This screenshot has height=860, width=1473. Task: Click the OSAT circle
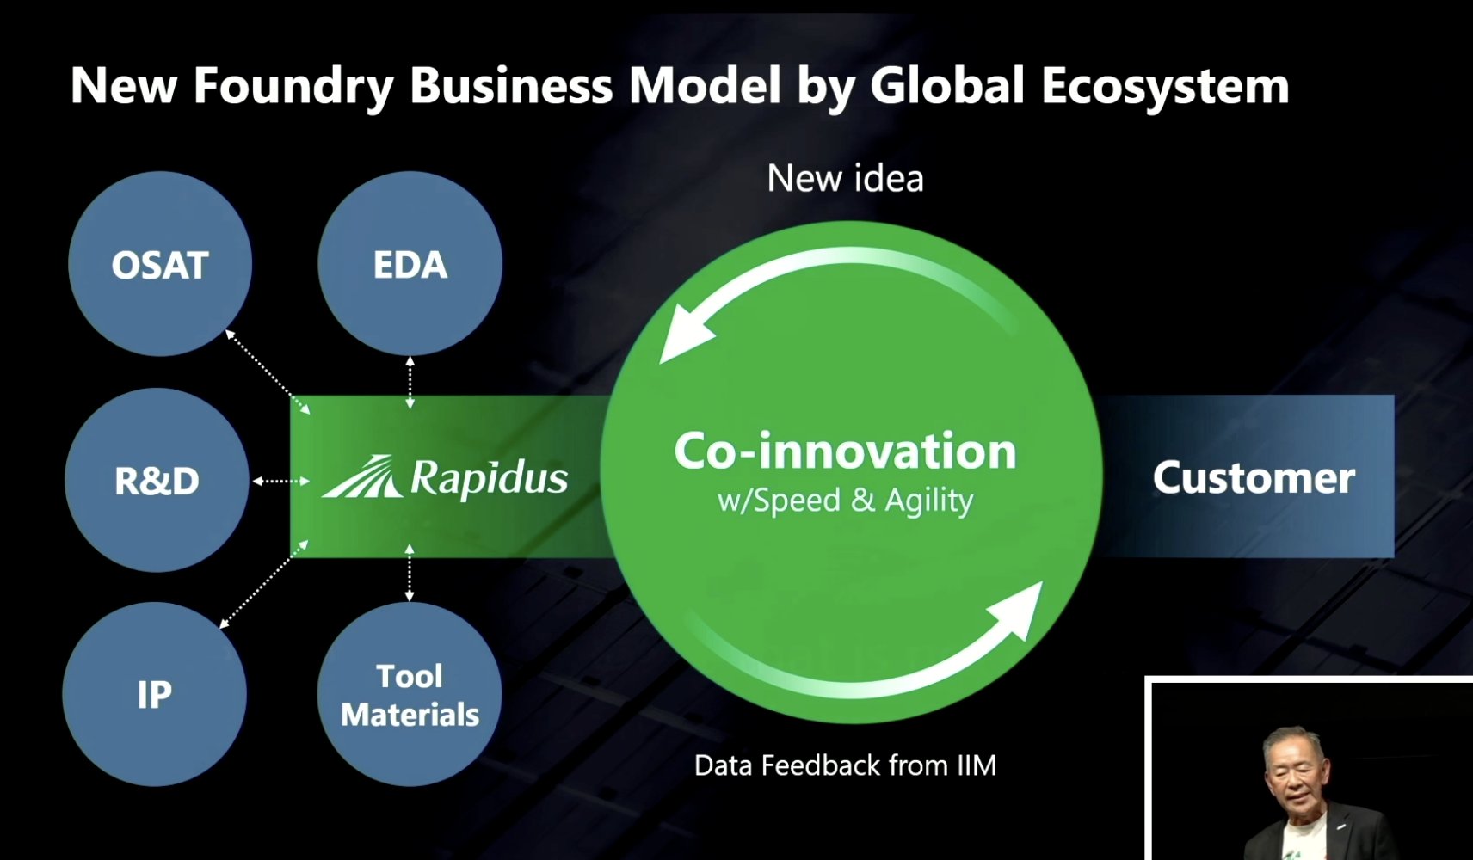point(160,264)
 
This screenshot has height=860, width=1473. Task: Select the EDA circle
point(410,264)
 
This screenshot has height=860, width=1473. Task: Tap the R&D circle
point(157,480)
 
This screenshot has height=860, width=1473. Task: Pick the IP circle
point(155,694)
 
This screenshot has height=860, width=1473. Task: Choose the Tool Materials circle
point(409,694)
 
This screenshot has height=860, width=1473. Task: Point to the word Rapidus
point(490,479)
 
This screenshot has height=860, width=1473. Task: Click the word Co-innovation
point(845,451)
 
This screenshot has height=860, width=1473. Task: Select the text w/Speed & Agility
point(845,501)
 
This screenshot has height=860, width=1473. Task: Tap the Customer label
point(1254,477)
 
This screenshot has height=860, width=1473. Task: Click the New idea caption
point(845,178)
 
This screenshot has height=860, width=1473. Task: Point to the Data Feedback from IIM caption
point(845,765)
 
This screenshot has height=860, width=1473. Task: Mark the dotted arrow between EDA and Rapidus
point(410,383)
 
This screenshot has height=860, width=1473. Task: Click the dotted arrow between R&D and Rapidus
point(280,482)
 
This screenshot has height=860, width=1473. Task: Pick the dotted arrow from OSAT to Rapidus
point(268,372)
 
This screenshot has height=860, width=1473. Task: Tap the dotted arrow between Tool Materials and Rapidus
point(409,573)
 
